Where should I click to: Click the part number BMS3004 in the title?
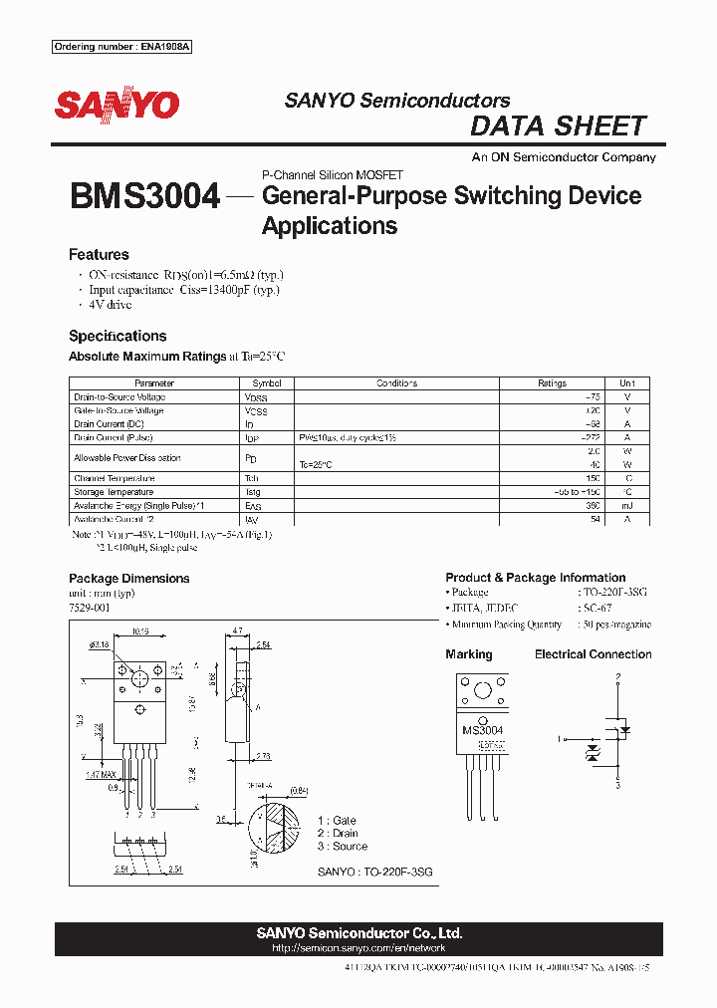pyautogui.click(x=144, y=196)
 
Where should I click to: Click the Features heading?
pyautogui.click(x=99, y=254)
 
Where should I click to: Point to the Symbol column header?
pyautogui.click(x=267, y=383)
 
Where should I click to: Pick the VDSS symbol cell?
pyautogui.click(x=256, y=397)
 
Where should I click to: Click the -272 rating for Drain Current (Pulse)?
pyautogui.click(x=591, y=437)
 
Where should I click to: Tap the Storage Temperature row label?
pyautogui.click(x=114, y=492)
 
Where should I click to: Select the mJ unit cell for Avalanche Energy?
pyautogui.click(x=626, y=506)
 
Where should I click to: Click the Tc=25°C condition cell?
pyautogui.click(x=316, y=465)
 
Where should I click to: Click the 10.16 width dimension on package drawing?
pyautogui.click(x=140, y=630)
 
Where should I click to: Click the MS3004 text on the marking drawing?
pyautogui.click(x=483, y=730)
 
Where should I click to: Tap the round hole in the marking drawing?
pyautogui.click(x=483, y=691)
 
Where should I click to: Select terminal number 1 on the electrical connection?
pyautogui.click(x=560, y=738)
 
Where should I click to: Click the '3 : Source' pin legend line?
pyautogui.click(x=342, y=846)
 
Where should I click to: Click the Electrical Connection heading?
pyautogui.click(x=593, y=654)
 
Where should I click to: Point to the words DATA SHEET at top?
pyautogui.click(x=558, y=126)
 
